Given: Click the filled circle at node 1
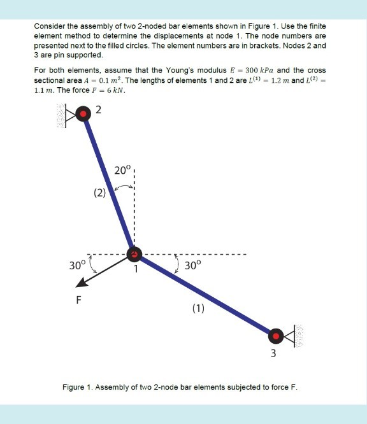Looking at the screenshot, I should pos(134,255).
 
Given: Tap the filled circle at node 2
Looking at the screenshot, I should pos(83,113).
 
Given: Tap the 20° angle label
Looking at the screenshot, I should pos(122,170).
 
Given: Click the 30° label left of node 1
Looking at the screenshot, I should pos(77,265).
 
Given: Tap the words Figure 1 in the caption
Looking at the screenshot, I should pos(77,387).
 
